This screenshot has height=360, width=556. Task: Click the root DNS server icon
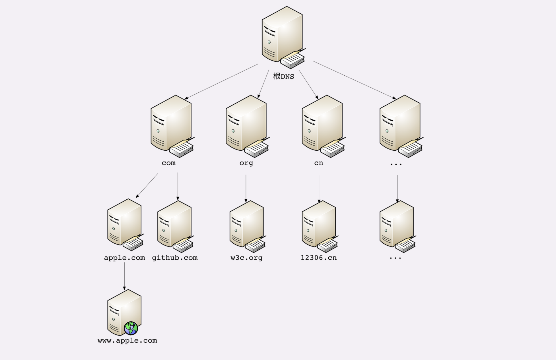[283, 38]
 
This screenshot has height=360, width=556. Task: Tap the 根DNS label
[284, 76]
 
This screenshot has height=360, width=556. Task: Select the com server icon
[172, 126]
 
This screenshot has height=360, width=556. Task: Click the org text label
[246, 163]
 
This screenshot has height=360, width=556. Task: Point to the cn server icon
[324, 126]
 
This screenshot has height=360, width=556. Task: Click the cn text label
[319, 163]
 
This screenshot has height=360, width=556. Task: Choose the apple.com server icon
[125, 225]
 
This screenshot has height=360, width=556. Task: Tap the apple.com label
[124, 258]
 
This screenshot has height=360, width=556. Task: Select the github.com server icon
[176, 227]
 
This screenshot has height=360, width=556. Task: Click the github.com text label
[175, 258]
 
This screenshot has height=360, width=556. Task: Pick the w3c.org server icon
[248, 227]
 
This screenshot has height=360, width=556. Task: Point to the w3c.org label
[246, 258]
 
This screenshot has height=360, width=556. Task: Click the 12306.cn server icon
[320, 227]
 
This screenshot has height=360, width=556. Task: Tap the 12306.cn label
[319, 258]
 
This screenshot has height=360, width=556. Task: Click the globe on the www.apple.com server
[131, 328]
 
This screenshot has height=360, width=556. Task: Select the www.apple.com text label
[127, 341]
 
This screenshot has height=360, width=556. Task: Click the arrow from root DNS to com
[221, 82]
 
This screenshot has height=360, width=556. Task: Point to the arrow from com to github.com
[178, 187]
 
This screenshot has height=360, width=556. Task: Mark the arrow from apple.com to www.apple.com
[124, 276]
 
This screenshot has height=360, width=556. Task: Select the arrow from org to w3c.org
[246, 189]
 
